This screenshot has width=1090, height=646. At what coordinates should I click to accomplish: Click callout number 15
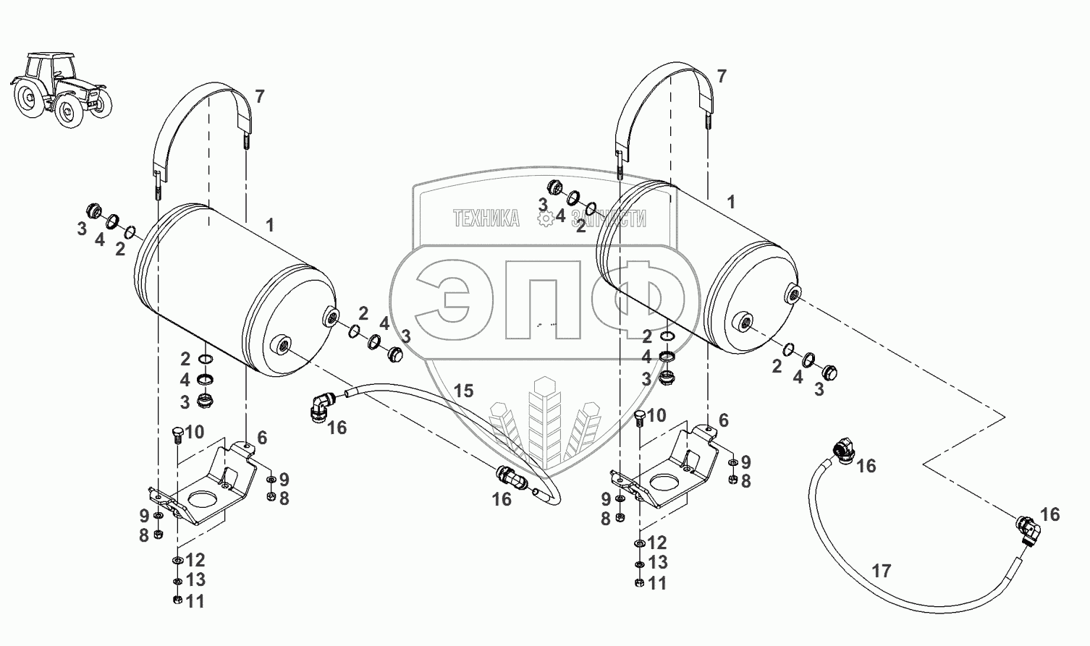pos(463,391)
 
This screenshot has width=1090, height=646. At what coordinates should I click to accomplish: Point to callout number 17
pos(881,571)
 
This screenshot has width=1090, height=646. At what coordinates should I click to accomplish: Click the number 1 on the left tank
pos(269,225)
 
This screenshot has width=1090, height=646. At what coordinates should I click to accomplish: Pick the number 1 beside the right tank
pos(731,202)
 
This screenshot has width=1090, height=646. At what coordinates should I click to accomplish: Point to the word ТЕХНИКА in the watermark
pos(486,218)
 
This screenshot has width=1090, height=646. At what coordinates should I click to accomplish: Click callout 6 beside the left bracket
pos(262,437)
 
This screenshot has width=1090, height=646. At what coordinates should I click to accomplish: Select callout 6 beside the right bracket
pos(723,420)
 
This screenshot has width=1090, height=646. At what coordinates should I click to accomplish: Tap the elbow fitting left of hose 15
pos(320,407)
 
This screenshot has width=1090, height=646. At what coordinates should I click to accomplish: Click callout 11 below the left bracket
pos(195,601)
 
